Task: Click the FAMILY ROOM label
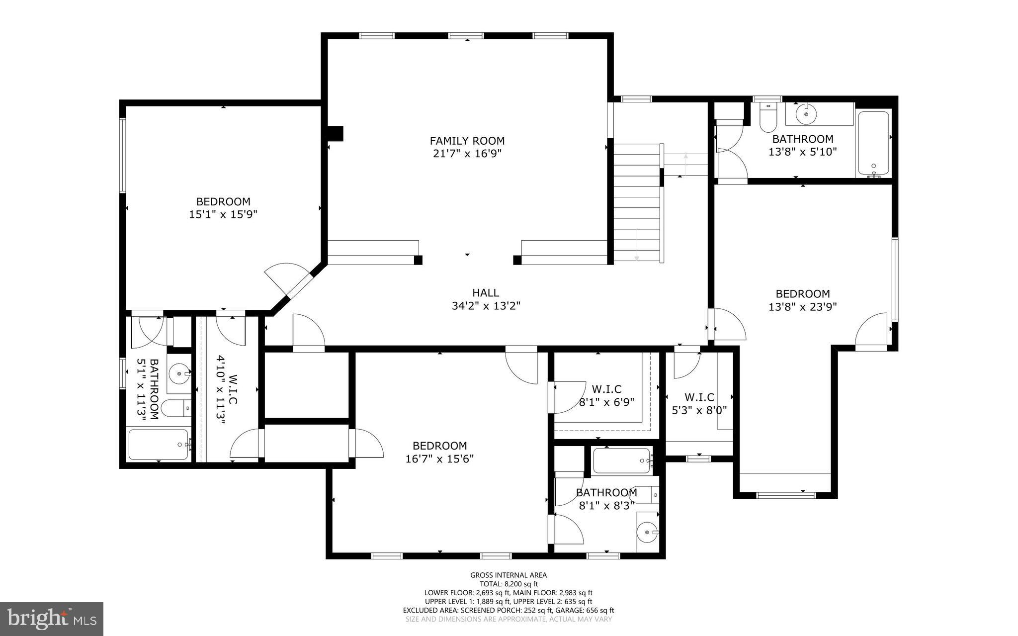[467, 141]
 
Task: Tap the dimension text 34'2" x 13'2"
[486, 306]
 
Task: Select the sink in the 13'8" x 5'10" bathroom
[805, 114]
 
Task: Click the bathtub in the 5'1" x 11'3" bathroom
[158, 445]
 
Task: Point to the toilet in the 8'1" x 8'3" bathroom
[645, 495]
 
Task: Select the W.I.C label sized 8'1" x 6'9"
[606, 389]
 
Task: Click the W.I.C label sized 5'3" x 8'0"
[699, 397]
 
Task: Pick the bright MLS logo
[52, 618]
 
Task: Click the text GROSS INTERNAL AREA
[508, 575]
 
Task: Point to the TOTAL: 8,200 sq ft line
[508, 584]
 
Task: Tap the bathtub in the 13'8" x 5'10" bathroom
[873, 143]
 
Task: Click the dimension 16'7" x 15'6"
[439, 458]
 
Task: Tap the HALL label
[485, 293]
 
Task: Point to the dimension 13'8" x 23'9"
[802, 307]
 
